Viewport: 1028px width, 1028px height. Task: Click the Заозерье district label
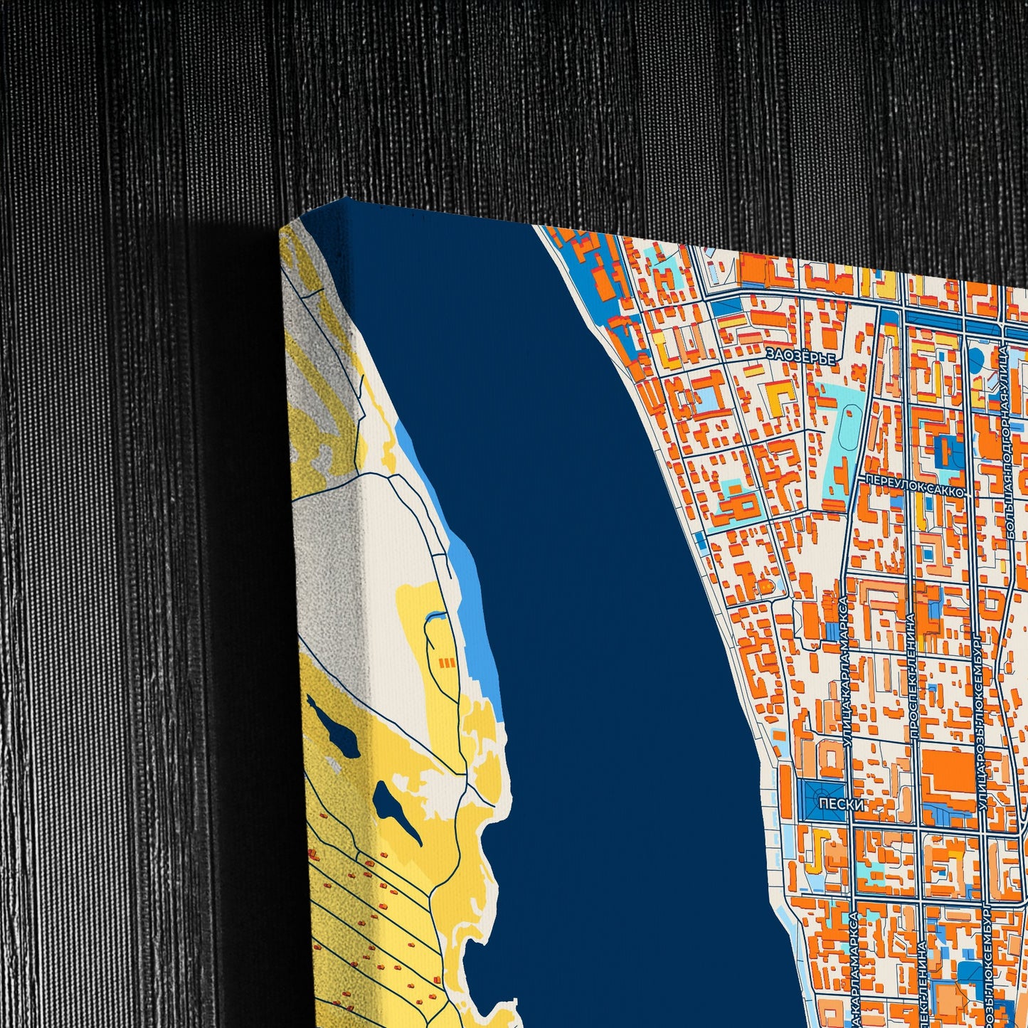800,356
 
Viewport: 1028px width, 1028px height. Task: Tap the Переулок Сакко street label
914,491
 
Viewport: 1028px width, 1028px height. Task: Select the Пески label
842,805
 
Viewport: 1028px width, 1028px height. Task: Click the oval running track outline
847,428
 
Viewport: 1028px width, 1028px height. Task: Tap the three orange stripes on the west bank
447,663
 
